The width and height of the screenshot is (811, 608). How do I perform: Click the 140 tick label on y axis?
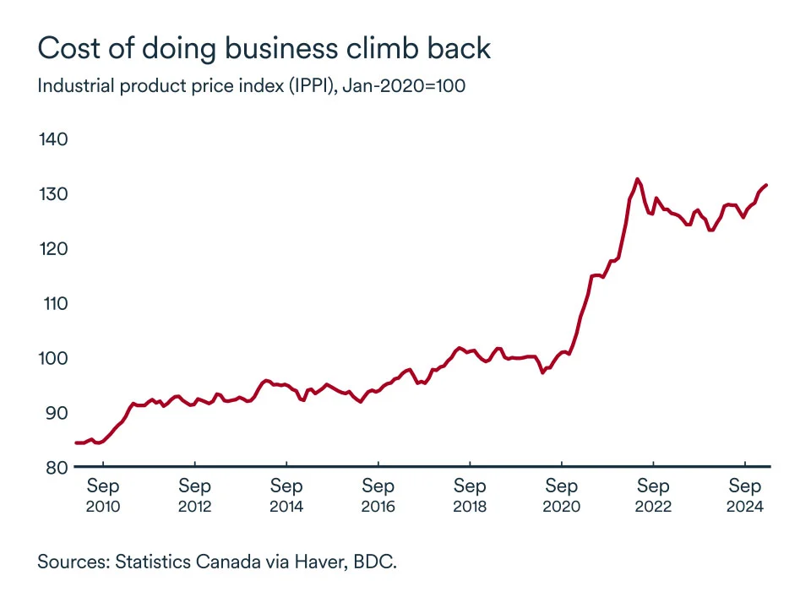[53, 139]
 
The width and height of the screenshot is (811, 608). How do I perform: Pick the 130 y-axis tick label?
[53, 194]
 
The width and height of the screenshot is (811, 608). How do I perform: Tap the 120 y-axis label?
[53, 249]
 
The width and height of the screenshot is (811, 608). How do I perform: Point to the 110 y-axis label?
[53, 303]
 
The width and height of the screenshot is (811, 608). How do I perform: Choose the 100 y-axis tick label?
[53, 358]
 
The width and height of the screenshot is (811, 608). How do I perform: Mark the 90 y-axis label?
[55, 413]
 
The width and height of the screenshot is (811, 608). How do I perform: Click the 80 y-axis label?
[55, 467]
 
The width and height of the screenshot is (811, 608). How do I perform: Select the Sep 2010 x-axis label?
[103, 497]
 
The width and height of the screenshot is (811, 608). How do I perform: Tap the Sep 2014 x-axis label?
[286, 497]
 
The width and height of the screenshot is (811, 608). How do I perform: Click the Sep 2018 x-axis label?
[470, 497]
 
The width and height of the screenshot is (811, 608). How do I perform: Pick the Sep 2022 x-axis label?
[653, 497]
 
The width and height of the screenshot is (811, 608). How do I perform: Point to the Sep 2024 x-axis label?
[745, 497]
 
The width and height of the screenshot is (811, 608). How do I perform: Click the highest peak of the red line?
[637, 179]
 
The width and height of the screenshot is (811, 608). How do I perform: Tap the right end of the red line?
[766, 185]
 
